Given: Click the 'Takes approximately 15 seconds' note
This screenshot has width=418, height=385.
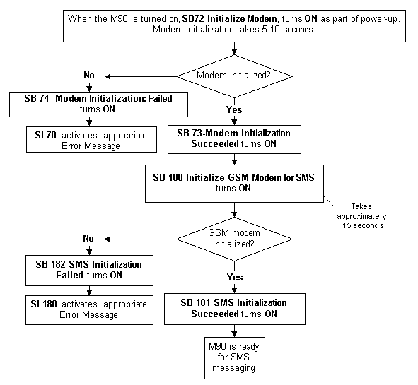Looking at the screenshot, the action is (361, 216).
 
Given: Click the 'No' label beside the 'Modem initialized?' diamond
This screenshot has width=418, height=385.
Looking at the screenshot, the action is (89, 76).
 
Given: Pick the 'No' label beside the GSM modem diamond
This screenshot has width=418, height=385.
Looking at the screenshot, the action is (88, 238).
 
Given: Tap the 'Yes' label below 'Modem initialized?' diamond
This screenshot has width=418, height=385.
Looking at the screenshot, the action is (234, 109).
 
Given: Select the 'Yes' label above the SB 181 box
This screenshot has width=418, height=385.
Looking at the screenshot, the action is (235, 277).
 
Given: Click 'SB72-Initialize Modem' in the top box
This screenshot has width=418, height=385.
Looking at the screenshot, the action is (230, 19).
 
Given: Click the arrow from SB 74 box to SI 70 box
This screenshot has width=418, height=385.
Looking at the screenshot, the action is (89, 122).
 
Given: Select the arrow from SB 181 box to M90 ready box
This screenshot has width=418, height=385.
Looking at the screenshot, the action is (234, 331).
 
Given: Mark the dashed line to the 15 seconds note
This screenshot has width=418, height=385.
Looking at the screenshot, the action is (329, 201).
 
